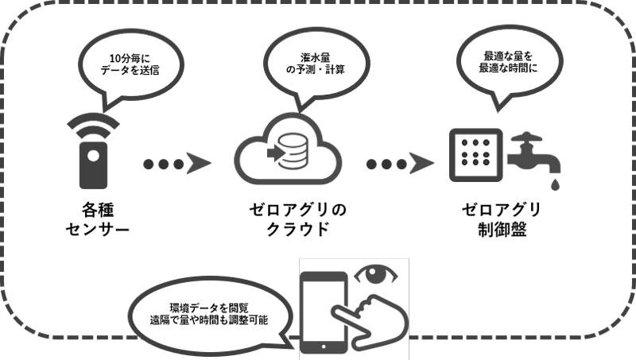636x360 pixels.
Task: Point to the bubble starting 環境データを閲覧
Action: click(x=207, y=313)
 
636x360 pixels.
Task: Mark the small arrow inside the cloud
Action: click(x=277, y=151)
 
